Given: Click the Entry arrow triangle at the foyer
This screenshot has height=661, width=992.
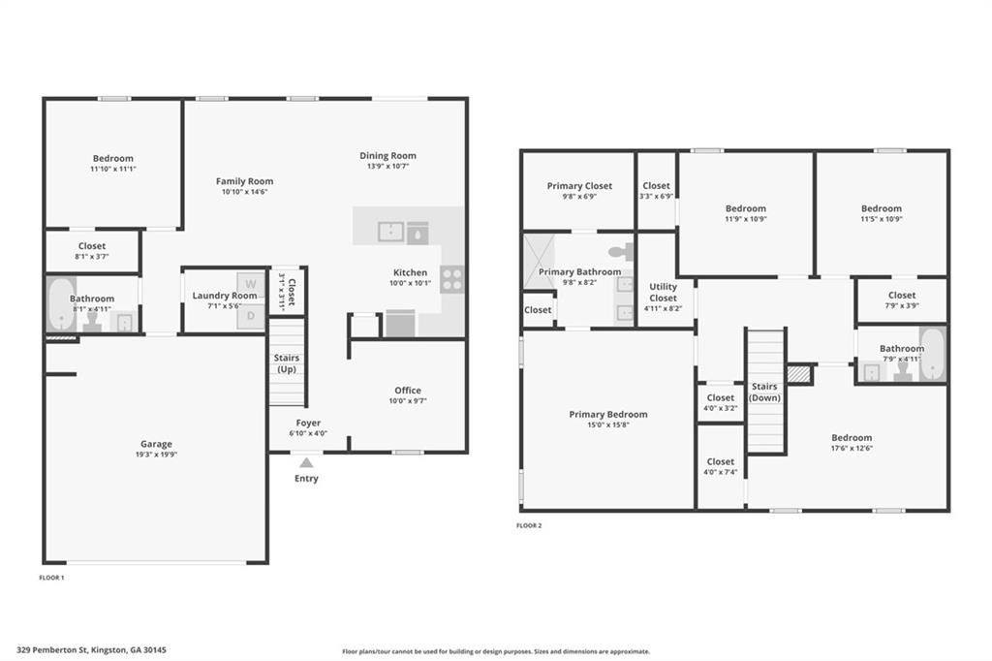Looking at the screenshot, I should click(x=306, y=462).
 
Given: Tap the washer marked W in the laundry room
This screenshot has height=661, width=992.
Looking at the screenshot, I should click(x=251, y=284).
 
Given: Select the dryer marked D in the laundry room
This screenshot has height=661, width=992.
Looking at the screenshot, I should click(x=251, y=315).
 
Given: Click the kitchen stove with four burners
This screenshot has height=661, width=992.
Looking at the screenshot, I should click(x=451, y=279).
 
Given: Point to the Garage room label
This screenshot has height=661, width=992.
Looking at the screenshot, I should click(x=156, y=444).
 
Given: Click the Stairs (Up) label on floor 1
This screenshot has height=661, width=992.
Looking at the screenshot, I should click(x=287, y=363).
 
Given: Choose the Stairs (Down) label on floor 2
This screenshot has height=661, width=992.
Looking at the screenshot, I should click(x=764, y=392).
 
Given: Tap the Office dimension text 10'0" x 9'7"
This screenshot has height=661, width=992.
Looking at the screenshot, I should click(x=408, y=401).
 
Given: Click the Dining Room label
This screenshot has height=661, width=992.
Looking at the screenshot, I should click(x=387, y=155).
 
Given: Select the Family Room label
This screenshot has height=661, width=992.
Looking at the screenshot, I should click(x=244, y=181).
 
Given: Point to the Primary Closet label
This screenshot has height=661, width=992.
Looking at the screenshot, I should click(x=579, y=186).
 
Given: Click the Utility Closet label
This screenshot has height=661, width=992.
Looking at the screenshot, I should click(x=664, y=292).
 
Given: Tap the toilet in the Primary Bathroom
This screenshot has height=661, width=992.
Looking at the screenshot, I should click(x=627, y=252).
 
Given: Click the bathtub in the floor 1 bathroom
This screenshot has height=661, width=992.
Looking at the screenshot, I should click(x=60, y=304).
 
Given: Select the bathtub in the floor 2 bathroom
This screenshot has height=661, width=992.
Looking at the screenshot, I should click(x=932, y=354).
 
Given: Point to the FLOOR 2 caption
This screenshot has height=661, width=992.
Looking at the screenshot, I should click(x=529, y=525).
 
